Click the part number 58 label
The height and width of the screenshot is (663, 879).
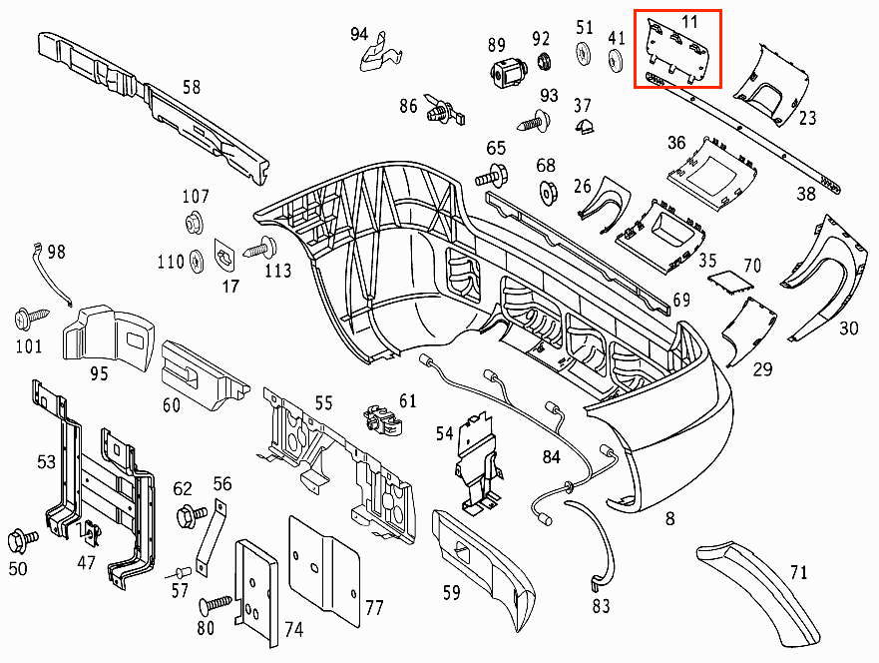[191, 87]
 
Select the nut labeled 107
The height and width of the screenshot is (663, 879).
[195, 222]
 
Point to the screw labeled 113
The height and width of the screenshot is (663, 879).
[261, 246]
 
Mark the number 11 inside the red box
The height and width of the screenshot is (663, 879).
[690, 20]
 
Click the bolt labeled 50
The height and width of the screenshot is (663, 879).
[22, 540]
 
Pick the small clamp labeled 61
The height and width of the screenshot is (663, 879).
[383, 422]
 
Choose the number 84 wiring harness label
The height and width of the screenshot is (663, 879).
[552, 457]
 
